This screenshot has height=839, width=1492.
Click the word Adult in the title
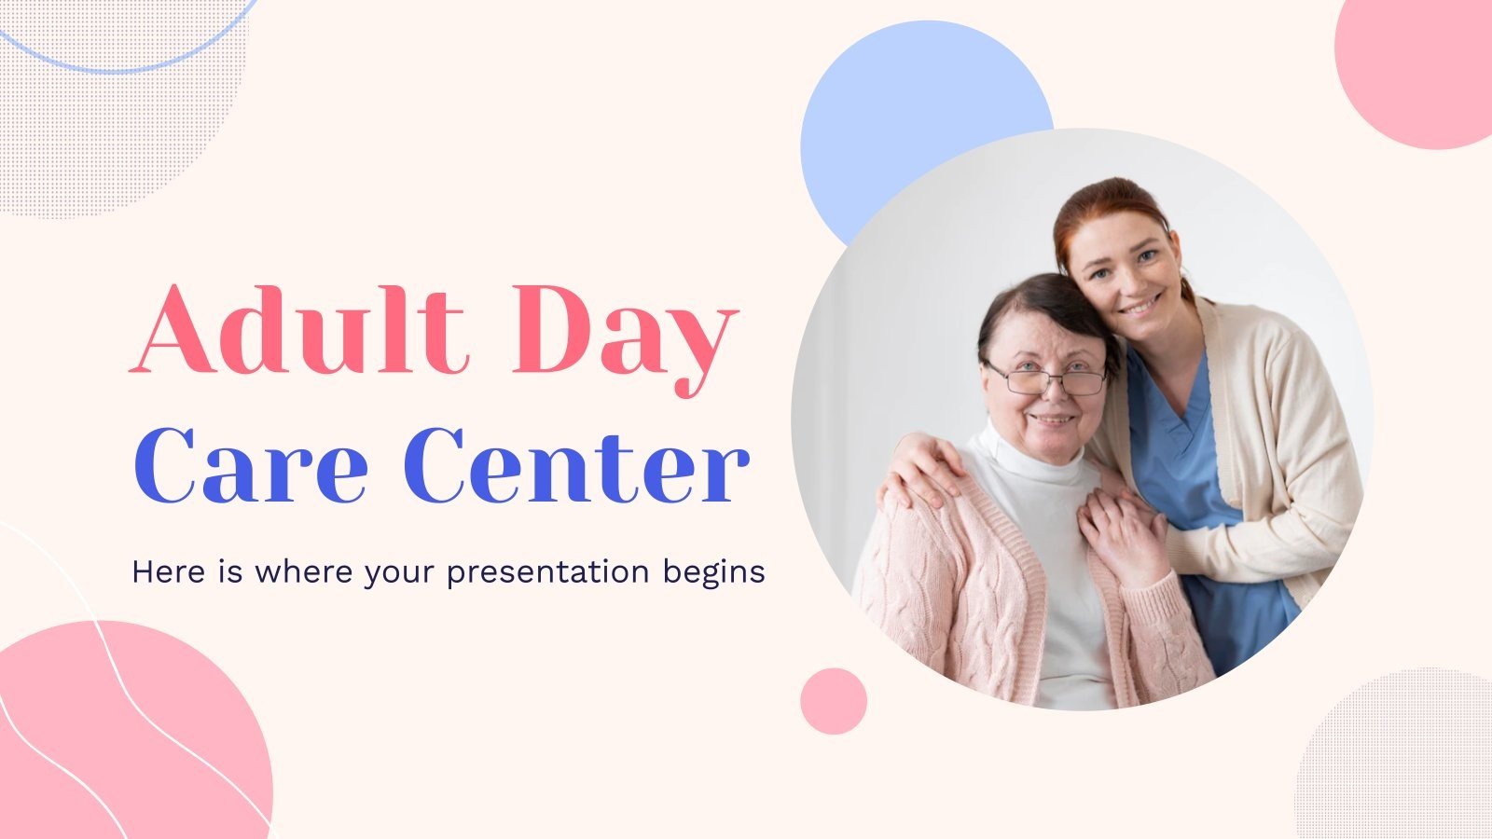point(297,329)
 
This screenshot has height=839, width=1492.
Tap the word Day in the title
point(626,340)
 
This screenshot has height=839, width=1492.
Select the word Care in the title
point(251,466)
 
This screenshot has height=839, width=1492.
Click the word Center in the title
point(577,466)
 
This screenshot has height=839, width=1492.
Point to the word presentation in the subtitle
point(547,573)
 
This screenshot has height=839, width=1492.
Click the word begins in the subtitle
point(713,573)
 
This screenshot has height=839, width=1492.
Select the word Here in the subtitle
point(168,571)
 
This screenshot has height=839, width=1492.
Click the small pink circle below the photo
point(834,701)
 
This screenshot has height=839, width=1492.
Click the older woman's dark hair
point(1039,313)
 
